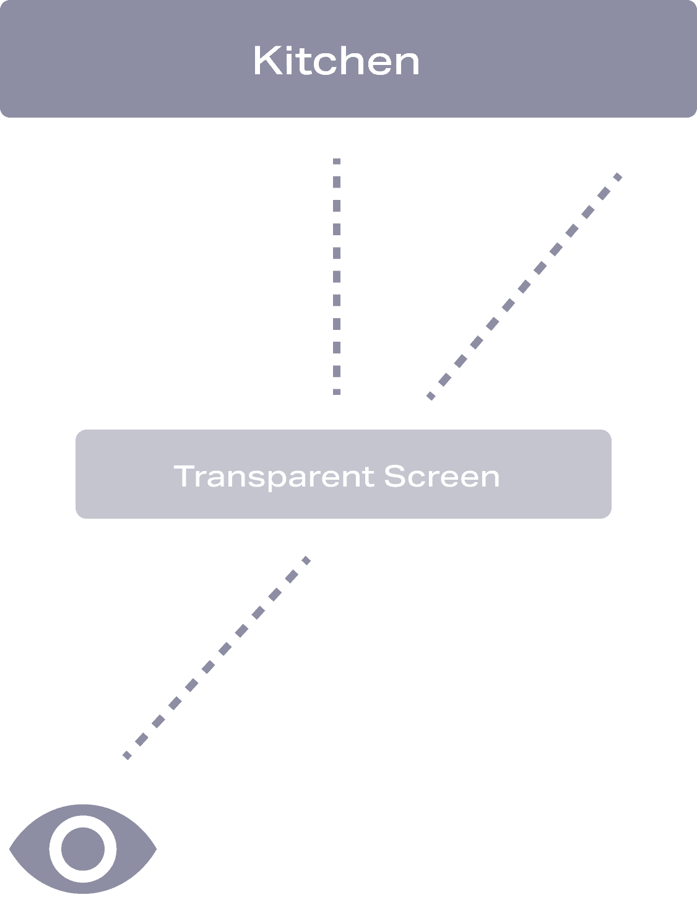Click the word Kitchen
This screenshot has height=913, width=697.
point(336,61)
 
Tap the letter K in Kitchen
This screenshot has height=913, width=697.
point(264,61)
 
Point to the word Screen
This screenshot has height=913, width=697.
point(441,476)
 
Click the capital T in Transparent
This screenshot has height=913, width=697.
point(184,475)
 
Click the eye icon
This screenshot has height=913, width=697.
point(82,849)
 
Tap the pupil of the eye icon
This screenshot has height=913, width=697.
point(82,849)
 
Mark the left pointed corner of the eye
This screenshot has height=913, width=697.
point(11,849)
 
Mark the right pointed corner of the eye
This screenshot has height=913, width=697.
point(155,849)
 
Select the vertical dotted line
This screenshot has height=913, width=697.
point(337,276)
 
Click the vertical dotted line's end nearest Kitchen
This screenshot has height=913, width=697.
point(337,162)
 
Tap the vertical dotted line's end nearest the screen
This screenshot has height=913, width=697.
point(337,391)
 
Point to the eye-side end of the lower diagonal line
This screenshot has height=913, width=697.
point(127,755)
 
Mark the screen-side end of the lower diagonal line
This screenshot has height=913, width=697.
point(306,560)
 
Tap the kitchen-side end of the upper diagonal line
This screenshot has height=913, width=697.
point(618,176)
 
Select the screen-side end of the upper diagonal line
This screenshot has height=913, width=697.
point(430,396)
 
